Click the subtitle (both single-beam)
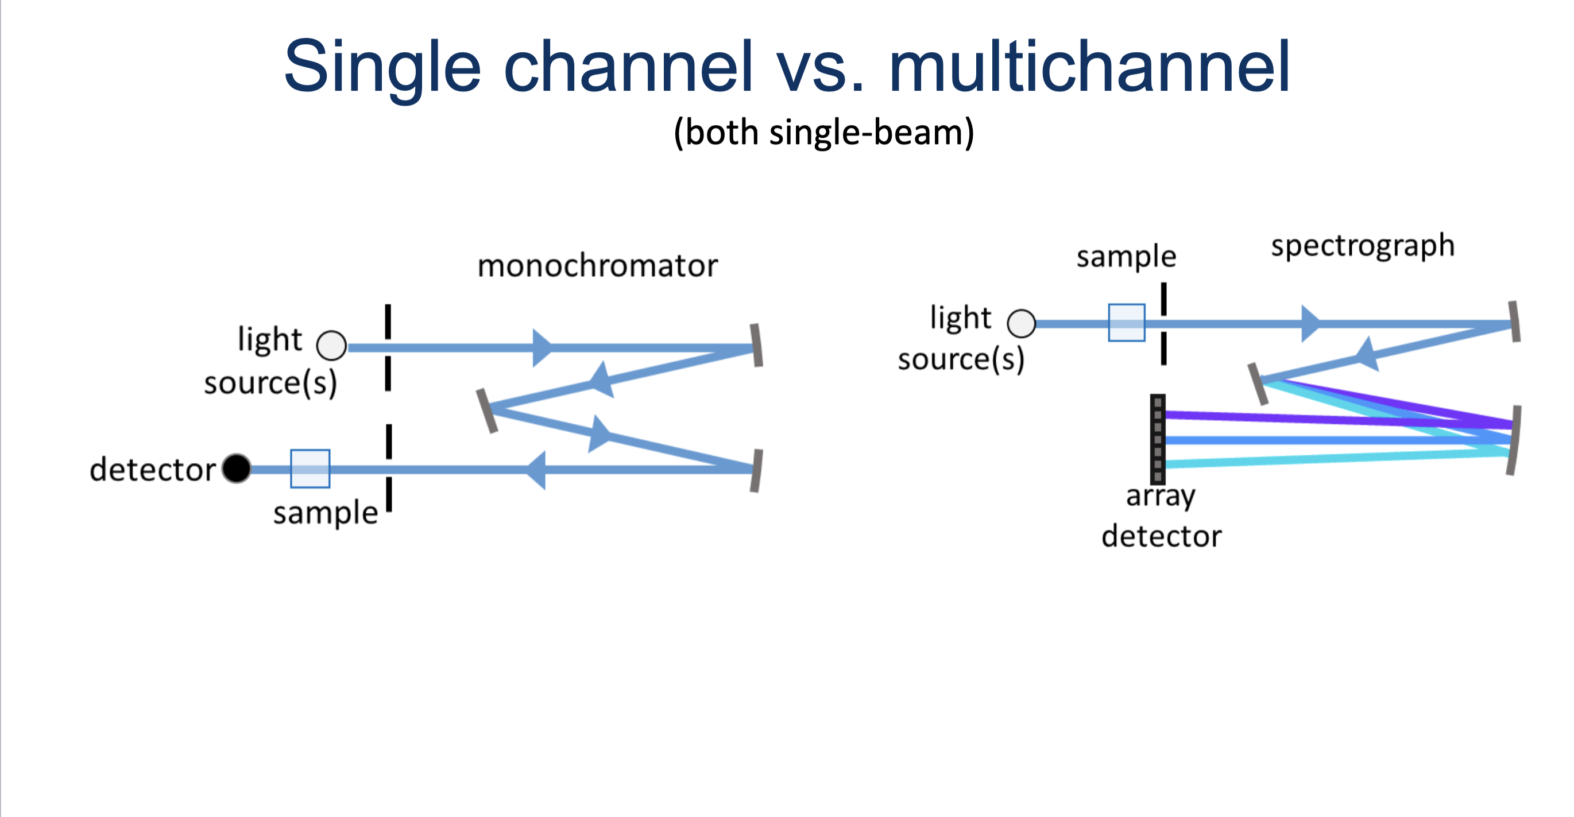pos(823,132)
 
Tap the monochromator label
pos(597,266)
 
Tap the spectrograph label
pos(1362,246)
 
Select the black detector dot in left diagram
pos(237,468)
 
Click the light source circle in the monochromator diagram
pos(332,346)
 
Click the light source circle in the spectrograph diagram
pos(1021,323)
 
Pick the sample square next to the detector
pos(310,468)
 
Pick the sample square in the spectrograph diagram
pos(1126,323)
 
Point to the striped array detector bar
pos(1157,439)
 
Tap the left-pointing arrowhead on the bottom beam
pos(536,470)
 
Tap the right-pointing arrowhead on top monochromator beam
pos(542,348)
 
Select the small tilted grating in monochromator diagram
pos(486,411)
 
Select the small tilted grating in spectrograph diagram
pos(1258,384)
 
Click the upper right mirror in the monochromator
pos(756,345)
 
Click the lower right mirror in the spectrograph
pos(1514,440)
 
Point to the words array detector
pos(1161,516)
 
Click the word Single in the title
pos(382,66)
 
